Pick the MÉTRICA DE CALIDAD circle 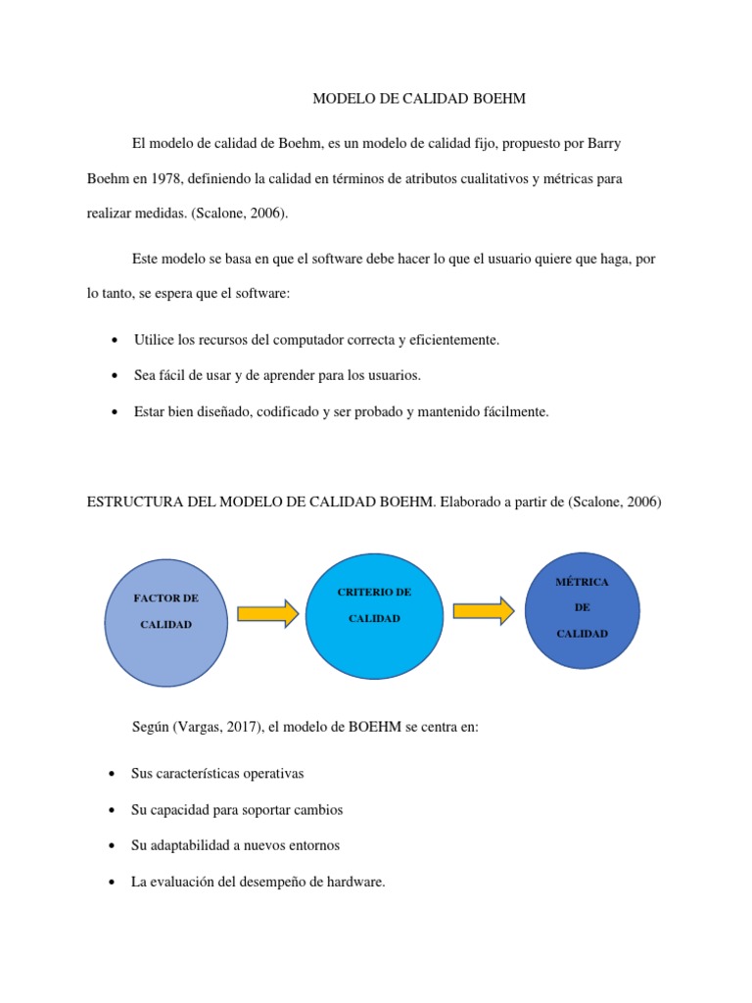click(x=582, y=607)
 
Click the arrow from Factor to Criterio click(x=267, y=612)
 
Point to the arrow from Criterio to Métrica click(x=484, y=610)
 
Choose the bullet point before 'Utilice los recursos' click(x=115, y=341)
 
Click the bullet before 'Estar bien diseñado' click(x=115, y=413)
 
